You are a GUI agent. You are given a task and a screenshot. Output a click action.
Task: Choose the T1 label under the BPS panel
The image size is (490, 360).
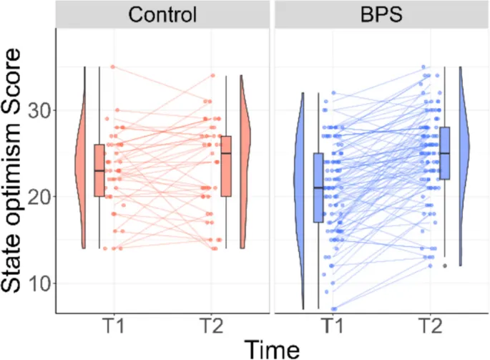330,326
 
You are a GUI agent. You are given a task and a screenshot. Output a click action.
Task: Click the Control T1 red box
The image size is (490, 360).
99,170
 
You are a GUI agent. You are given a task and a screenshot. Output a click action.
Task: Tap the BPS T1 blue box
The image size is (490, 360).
318,188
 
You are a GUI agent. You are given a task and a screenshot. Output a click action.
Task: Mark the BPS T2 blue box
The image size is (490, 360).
444,153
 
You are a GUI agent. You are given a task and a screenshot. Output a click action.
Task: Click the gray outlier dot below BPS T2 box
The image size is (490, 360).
444,266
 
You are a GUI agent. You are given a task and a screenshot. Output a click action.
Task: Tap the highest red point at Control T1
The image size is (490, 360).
112,67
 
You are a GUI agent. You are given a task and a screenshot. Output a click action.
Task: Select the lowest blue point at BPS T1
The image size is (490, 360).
333,309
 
